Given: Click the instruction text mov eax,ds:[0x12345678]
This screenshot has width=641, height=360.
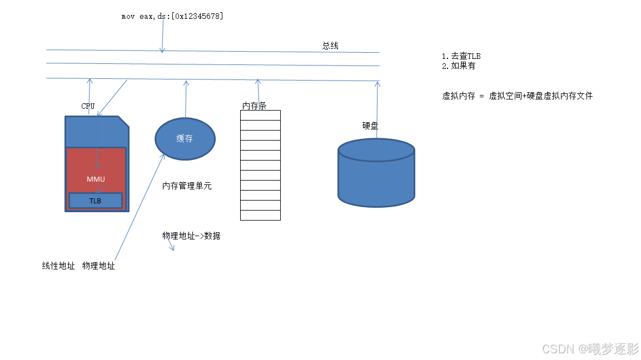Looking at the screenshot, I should coord(172,17).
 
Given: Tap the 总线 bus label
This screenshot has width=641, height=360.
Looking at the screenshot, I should coord(330,46).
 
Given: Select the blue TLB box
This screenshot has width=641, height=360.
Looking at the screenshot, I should coord(96,201).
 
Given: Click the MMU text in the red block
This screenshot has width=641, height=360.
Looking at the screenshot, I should coord(96,179).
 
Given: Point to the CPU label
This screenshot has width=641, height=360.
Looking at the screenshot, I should coord(88,106).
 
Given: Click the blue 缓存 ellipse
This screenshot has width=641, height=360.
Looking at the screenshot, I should coord(185,139).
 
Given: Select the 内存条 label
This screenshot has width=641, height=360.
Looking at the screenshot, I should coord(254,106).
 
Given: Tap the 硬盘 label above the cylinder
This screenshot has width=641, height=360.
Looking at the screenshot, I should coord(370,126).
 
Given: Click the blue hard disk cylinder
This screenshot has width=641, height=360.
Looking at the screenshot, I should coord(376,175).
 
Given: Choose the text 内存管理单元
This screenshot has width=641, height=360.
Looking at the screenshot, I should coord(187,186).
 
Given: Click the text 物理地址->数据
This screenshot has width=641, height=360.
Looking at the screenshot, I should coord(191,236).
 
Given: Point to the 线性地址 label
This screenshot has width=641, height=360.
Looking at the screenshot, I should coord(58,266).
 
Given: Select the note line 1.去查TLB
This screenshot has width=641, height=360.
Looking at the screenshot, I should coord(461,56).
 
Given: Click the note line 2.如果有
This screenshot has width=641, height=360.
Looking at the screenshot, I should coord(459,66).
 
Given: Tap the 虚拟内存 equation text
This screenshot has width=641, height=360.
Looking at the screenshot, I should coord(517,96).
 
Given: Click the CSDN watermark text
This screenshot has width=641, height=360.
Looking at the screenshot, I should coord(590,349).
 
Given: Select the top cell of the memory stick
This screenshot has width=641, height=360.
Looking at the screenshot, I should coord(260,115).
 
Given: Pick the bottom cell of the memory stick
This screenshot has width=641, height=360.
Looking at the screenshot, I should coord(260,215).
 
